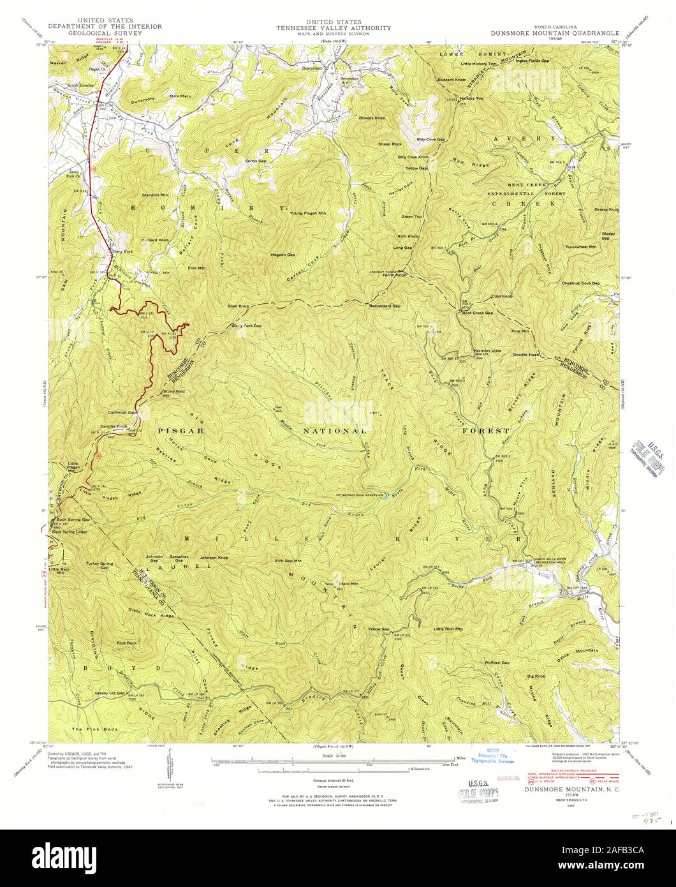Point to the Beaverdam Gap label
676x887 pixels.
click(x=385, y=306)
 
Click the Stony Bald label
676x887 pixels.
click(x=173, y=391)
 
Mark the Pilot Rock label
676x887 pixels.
click(x=126, y=643)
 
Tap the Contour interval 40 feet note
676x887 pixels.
click(x=337, y=780)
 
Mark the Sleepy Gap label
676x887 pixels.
click(x=608, y=236)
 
